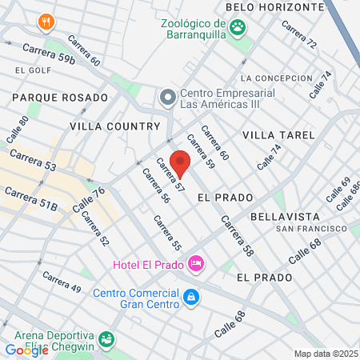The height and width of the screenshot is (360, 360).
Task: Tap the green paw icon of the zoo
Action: (238, 28)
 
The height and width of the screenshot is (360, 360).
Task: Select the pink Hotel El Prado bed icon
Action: (196, 262)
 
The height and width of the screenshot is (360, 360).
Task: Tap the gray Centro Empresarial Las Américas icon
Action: (167, 98)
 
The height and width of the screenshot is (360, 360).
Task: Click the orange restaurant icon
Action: (47, 22)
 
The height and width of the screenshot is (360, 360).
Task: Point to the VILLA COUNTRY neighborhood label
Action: (115, 126)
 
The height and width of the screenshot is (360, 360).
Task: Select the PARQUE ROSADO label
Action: (59, 98)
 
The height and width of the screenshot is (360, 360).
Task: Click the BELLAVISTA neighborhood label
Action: (285, 217)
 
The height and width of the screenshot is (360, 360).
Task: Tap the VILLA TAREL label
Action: (274, 134)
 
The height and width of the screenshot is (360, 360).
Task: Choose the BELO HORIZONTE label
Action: (274, 6)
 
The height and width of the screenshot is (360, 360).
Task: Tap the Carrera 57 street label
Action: (170, 177)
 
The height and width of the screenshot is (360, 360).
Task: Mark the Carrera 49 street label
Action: (62, 282)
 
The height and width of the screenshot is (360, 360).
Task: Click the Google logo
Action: (27, 350)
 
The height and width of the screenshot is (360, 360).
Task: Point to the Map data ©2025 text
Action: (326, 354)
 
